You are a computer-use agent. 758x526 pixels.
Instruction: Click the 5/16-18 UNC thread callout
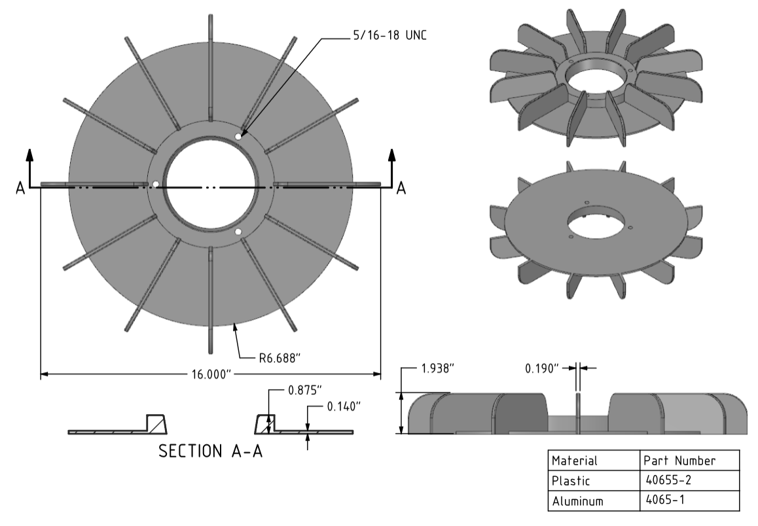pos(389,35)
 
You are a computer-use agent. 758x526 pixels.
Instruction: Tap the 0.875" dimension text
pos(305,390)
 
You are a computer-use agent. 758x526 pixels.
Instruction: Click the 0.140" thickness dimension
pos(344,407)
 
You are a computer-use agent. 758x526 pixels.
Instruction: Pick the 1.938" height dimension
pos(437,368)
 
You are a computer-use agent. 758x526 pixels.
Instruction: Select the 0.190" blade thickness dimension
pos(542,368)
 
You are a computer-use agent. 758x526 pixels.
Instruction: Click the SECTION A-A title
pos(211,451)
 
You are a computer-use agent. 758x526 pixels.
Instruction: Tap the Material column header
pos(575,461)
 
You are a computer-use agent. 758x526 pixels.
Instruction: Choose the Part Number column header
pos(679,461)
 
